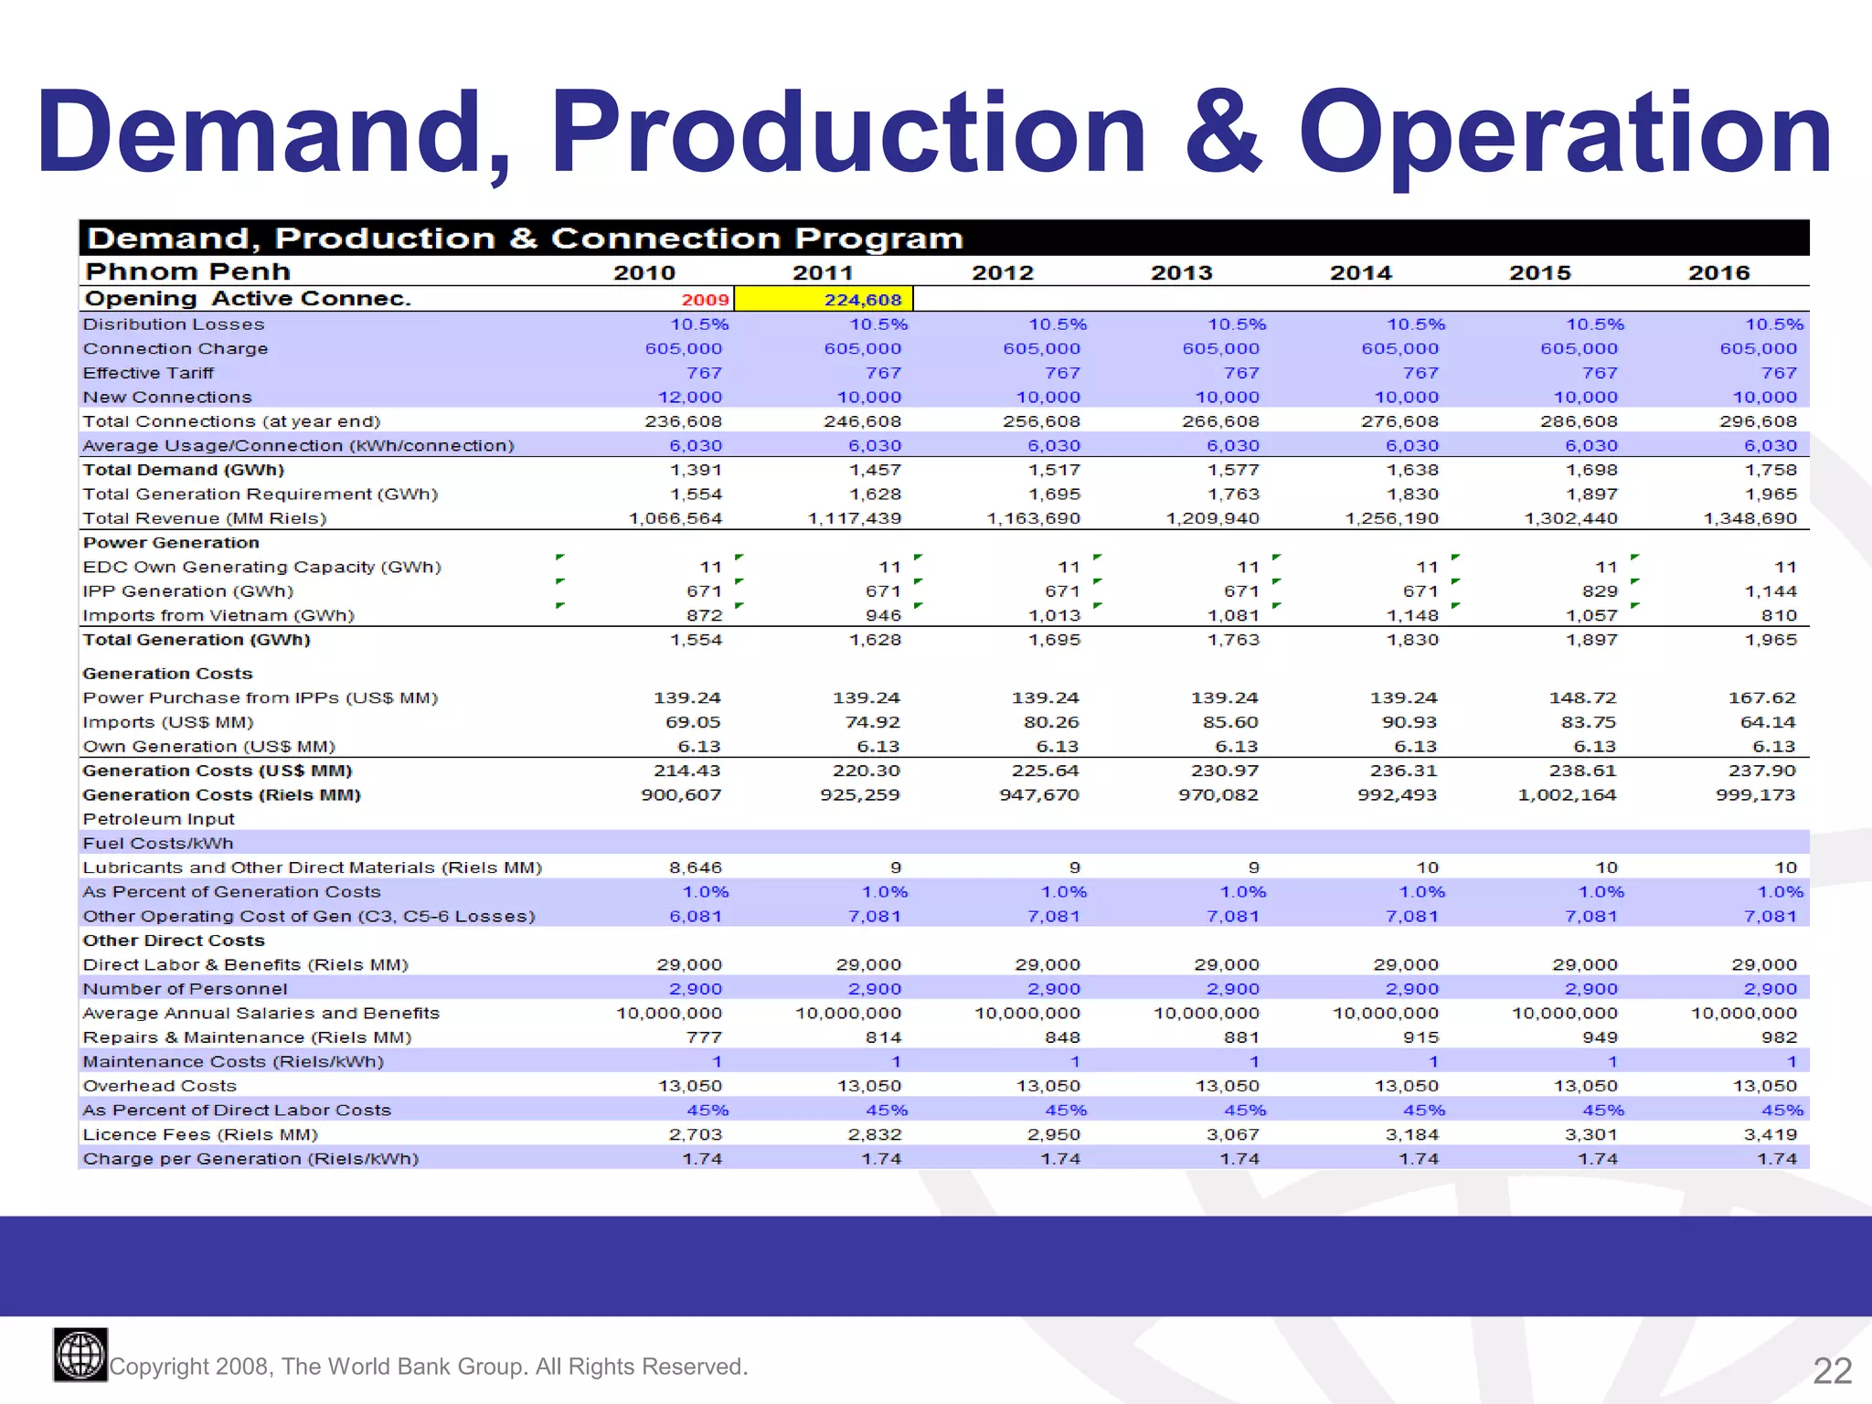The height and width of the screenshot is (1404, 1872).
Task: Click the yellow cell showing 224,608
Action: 824,299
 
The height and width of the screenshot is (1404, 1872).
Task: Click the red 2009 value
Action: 705,300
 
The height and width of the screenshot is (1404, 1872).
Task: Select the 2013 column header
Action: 1181,272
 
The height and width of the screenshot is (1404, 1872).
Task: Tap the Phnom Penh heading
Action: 187,271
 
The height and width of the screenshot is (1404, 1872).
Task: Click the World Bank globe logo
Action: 80,1355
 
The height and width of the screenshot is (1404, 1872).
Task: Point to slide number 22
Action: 1832,1370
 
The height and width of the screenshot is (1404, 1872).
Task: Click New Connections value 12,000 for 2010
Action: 689,397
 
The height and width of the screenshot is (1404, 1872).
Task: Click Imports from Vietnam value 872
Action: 704,615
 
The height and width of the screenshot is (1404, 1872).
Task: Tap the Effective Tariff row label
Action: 148,373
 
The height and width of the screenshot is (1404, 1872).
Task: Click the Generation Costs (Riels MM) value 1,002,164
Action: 1567,795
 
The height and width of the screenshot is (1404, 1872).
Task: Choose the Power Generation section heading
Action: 171,542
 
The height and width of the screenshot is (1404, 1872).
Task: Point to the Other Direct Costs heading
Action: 174,941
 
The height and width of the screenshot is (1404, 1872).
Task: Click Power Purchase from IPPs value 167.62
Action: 1761,697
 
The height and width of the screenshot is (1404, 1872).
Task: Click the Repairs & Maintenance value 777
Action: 704,1037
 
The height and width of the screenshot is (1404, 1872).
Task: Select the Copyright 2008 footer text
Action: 428,1367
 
